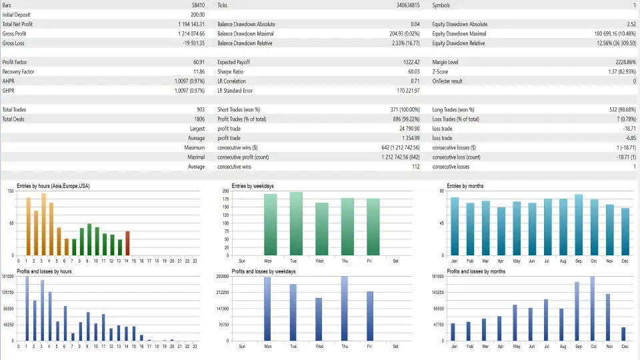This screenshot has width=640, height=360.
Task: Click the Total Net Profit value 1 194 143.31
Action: pyautogui.click(x=189, y=24)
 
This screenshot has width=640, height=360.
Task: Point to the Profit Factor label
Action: pyautogui.click(x=15, y=62)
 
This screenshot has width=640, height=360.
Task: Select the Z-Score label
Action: pyautogui.click(x=441, y=71)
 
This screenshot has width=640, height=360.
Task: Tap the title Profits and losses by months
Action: pyautogui.click(x=475, y=271)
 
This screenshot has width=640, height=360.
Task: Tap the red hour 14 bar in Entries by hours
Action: pyautogui.click(x=127, y=243)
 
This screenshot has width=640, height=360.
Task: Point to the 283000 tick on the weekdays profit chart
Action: pyautogui.click(x=222, y=276)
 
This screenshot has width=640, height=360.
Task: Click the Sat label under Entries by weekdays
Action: pyautogui.click(x=396, y=261)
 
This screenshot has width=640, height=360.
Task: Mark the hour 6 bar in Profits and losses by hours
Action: pyautogui.click(x=65, y=323)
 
